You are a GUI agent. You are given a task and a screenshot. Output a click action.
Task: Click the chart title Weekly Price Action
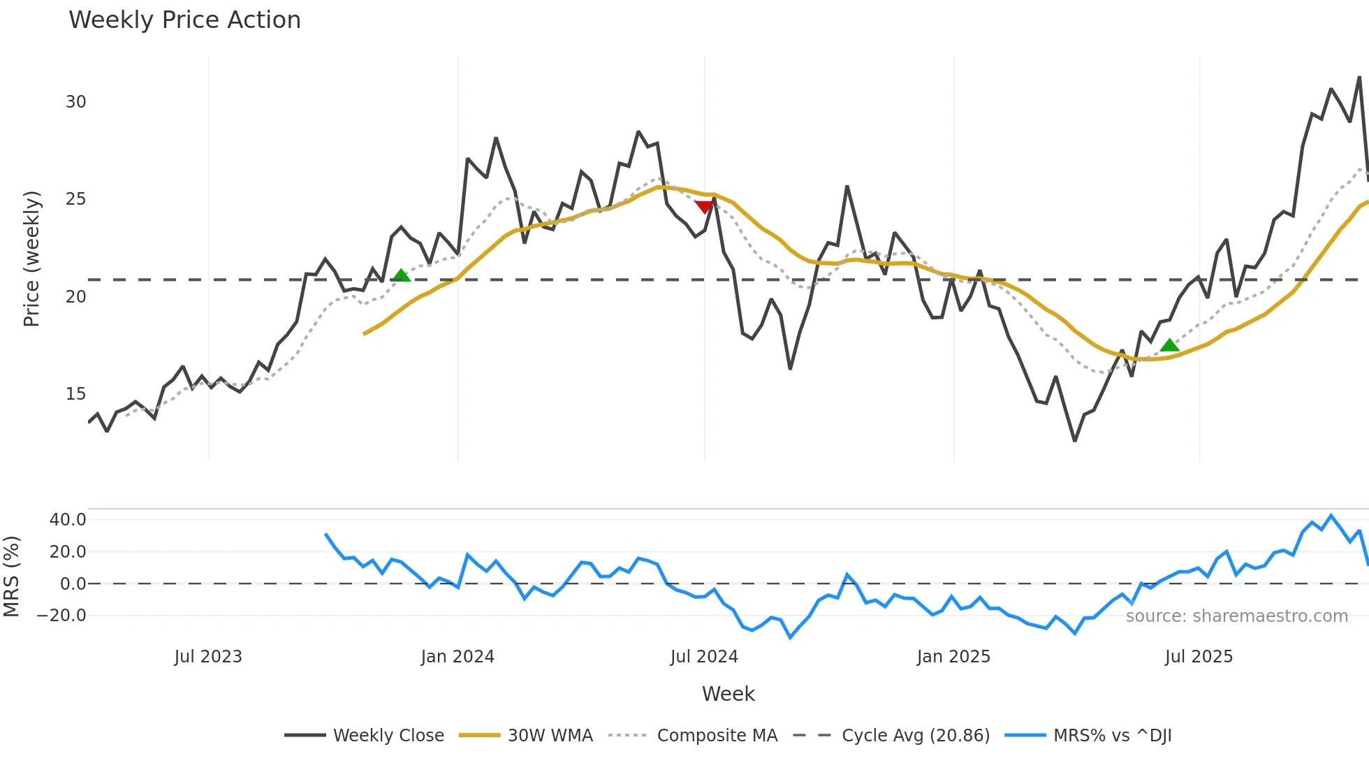184,20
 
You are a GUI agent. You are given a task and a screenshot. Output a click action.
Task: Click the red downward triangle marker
705,206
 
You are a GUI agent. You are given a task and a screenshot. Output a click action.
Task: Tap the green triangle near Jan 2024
401,276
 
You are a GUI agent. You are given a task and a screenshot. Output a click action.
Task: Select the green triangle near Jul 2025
1169,345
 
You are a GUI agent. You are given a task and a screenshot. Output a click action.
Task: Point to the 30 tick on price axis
75,102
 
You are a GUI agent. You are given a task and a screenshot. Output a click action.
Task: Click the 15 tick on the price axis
75,394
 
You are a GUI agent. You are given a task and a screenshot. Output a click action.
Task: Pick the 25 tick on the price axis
75,199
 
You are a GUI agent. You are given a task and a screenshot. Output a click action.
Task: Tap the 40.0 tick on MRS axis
68,520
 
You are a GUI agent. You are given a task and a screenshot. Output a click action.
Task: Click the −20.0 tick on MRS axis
61,616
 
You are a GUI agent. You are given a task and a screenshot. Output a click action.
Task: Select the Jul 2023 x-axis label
208,657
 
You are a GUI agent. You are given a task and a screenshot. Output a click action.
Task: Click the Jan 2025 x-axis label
953,657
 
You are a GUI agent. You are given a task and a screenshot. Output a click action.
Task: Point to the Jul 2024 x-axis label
704,657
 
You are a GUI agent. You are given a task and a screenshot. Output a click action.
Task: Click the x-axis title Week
728,694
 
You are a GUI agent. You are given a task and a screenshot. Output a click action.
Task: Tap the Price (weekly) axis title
31,259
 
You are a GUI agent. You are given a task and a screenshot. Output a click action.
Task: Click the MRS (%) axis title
11,576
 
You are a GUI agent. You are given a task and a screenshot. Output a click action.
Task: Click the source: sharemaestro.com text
1236,616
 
